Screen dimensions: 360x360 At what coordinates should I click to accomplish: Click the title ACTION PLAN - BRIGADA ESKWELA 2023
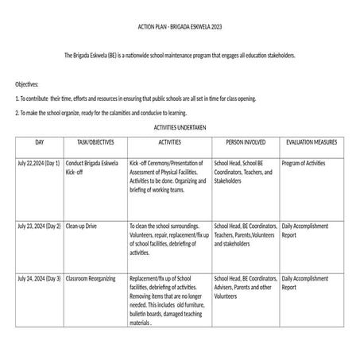point(180,26)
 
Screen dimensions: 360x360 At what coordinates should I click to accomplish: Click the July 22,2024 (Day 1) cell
point(39,163)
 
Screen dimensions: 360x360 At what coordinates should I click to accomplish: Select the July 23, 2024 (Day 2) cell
point(39,226)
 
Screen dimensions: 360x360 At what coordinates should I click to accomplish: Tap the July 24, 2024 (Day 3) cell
point(39,280)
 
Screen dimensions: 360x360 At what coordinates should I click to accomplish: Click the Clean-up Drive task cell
point(82,226)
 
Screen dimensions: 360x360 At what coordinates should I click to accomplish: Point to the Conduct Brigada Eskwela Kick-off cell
point(92,167)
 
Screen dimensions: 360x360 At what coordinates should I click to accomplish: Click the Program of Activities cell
point(304,163)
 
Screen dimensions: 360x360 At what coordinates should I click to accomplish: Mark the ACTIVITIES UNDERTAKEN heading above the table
point(180,127)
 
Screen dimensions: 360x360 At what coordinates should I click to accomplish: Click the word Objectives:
point(27,83)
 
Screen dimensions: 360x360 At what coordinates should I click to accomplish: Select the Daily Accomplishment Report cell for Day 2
point(305,230)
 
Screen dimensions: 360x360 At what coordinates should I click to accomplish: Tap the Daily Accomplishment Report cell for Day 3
point(305,285)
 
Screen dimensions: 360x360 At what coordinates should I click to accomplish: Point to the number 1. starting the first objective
point(17,99)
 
